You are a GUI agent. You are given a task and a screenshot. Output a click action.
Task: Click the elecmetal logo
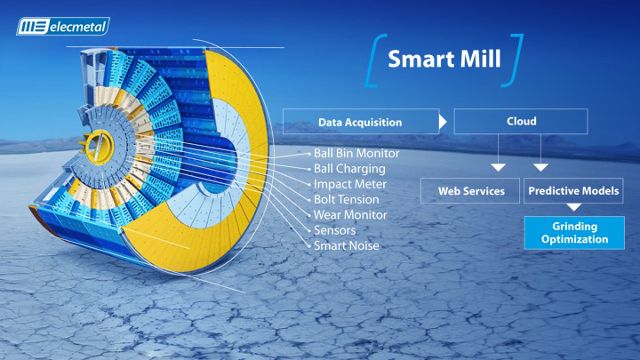63,27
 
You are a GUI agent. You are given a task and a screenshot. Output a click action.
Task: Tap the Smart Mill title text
444,59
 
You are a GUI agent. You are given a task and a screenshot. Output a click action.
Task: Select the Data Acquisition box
361,122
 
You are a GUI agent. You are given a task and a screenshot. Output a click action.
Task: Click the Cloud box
521,121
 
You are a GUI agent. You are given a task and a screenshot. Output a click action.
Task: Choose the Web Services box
470,190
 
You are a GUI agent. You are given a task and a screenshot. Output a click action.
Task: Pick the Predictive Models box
573,190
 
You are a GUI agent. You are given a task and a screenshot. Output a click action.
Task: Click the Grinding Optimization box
574,233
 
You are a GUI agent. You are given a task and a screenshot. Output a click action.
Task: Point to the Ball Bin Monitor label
356,153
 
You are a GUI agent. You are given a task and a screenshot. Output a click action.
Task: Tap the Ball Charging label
349,169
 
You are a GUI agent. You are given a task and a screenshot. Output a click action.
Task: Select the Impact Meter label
350,184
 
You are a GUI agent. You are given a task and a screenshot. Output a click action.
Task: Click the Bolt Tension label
346,200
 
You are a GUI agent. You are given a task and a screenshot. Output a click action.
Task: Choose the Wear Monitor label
350,215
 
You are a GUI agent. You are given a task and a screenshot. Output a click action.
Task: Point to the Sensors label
335,230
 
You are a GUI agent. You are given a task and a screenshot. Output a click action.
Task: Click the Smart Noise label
346,245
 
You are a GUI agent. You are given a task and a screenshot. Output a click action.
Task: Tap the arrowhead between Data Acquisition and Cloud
443,122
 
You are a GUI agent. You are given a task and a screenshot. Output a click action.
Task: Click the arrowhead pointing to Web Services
498,167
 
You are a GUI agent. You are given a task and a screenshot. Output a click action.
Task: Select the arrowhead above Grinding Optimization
574,207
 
